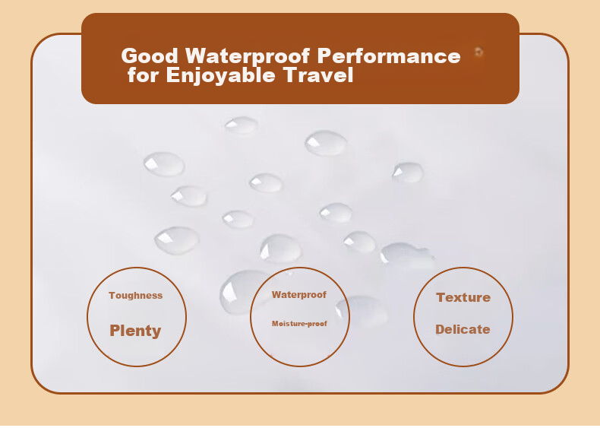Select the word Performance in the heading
click(389, 56)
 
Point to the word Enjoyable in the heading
click(221, 75)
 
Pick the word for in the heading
click(143, 75)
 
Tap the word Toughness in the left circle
click(135, 296)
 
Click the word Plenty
click(135, 331)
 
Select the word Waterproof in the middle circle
click(299, 295)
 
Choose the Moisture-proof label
click(299, 324)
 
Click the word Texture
click(463, 297)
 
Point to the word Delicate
click(463, 329)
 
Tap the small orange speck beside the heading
click(478, 52)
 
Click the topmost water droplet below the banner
click(241, 125)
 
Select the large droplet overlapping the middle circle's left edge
click(241, 292)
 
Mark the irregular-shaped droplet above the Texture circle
click(408, 254)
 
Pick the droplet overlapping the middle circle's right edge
click(362, 311)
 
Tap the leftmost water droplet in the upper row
click(164, 164)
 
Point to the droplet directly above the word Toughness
click(177, 240)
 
